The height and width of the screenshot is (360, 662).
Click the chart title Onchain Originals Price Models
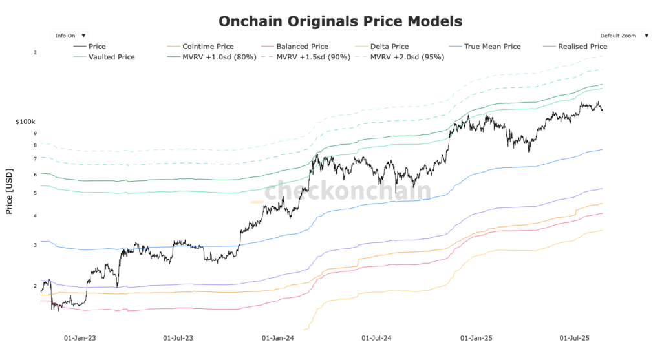pyautogui.click(x=340, y=21)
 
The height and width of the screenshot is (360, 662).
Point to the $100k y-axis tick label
pyautogui.click(x=25, y=122)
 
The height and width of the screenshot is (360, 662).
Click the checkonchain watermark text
pyautogui.click(x=347, y=191)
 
